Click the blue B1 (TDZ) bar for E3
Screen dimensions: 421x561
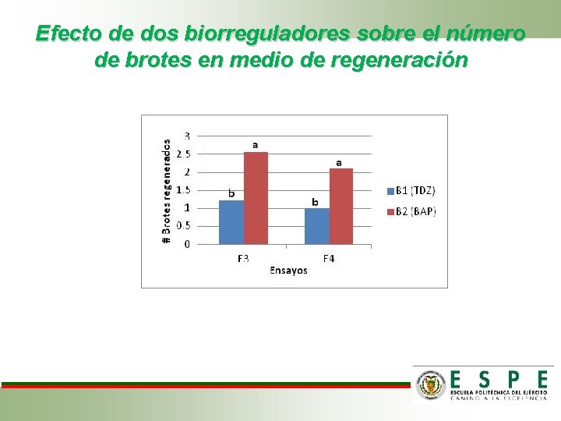[231, 222]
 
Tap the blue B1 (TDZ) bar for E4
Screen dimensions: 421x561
[317, 226]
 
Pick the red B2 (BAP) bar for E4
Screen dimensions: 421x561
[341, 206]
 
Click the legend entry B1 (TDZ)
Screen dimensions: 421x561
[411, 190]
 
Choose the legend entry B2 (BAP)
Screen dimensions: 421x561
[411, 210]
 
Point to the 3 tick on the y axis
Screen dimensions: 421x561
[187, 136]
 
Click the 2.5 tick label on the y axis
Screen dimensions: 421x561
[184, 154]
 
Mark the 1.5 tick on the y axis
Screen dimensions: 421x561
[184, 190]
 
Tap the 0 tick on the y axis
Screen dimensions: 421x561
[187, 244]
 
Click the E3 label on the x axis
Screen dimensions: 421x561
[243, 258]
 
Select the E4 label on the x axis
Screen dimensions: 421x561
[329, 258]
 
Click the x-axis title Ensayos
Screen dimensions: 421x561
[288, 271]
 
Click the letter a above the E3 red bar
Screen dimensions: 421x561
[255, 144]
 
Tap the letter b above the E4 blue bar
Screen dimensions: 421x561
[315, 201]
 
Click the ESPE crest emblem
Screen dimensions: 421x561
[430, 384]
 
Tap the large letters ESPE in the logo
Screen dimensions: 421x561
[499, 380]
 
